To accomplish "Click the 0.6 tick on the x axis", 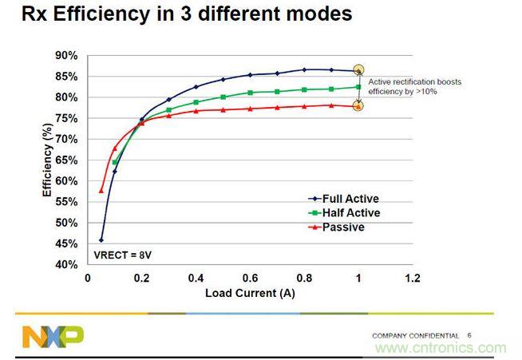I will [x=251, y=279].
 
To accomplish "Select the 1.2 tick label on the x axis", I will [x=413, y=279].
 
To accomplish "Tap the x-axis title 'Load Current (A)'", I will [x=249, y=293].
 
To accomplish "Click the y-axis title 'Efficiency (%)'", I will [x=47, y=160].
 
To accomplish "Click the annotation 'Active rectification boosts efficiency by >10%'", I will [x=415, y=87].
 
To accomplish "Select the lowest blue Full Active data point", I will [x=101, y=239].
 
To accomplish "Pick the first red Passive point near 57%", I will [x=101, y=191].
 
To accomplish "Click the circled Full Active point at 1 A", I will [x=358, y=71].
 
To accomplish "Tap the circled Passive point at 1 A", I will [x=358, y=105].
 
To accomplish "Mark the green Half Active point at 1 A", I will [x=358, y=87].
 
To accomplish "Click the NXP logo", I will [x=53, y=336].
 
